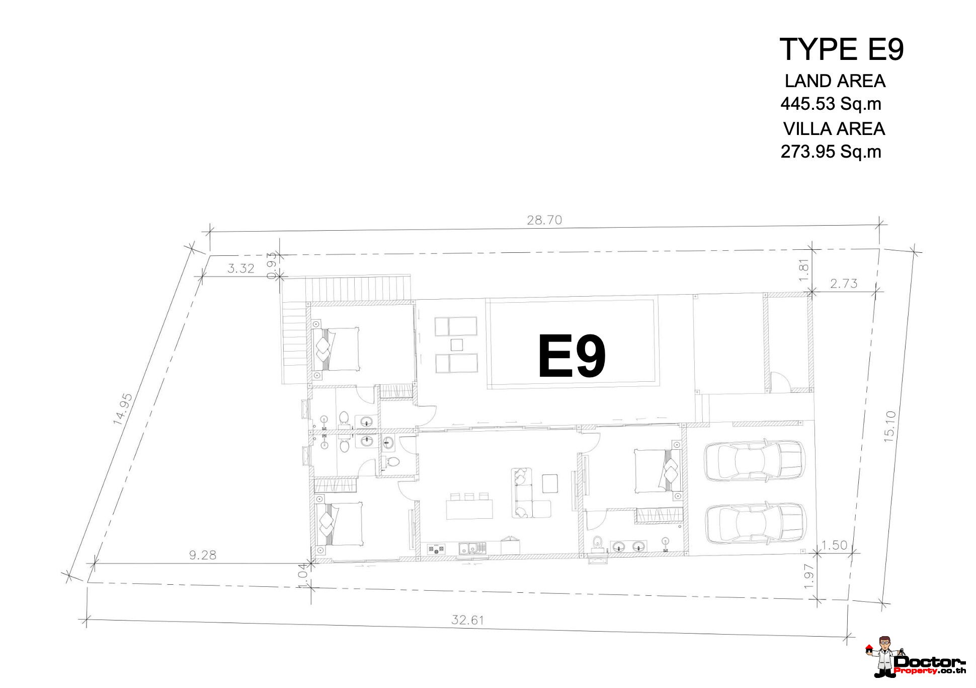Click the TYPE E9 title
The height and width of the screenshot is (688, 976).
[842, 49]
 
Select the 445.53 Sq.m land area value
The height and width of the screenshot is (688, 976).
[831, 104]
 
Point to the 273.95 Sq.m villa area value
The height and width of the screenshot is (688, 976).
[831, 152]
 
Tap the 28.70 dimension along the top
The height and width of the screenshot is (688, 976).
[544, 220]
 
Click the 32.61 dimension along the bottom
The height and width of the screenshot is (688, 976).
[467, 620]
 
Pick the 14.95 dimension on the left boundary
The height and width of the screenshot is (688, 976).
[123, 409]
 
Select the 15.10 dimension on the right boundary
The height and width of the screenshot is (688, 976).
[890, 427]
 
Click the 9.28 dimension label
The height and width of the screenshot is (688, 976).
[202, 555]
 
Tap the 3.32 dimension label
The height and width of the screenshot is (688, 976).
[241, 268]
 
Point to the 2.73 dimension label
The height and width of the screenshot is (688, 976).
[844, 284]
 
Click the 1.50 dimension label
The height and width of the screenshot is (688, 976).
[834, 545]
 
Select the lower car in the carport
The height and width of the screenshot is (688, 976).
[756, 524]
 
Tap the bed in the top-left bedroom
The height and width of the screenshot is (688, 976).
[336, 349]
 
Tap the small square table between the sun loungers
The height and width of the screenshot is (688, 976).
[457, 345]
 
